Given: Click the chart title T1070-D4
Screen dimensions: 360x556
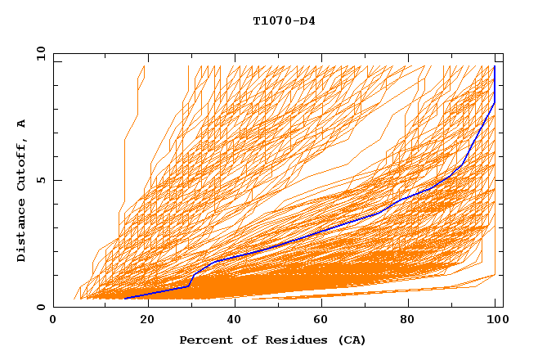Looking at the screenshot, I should click(284, 21).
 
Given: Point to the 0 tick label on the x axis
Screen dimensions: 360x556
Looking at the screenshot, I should click(54, 321).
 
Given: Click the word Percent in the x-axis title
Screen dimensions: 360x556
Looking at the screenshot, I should click(205, 340).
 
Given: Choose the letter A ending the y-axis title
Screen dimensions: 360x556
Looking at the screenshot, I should click(22, 123).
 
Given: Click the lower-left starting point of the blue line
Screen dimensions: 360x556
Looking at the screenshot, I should click(124, 299).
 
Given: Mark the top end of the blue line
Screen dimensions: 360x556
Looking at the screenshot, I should click(495, 66).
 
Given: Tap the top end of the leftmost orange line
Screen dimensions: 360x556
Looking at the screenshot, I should click(145, 66).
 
